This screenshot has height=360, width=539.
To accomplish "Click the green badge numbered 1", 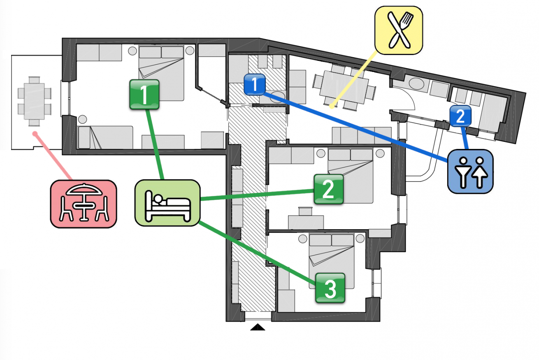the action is (x=144, y=95).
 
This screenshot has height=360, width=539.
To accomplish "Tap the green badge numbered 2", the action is (x=329, y=189).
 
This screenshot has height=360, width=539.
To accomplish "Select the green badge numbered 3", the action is (x=330, y=288).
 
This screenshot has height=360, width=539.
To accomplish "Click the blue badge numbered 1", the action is (x=255, y=84).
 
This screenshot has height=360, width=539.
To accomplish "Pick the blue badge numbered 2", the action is (x=460, y=116).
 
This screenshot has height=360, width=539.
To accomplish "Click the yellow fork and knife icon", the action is (x=399, y=30).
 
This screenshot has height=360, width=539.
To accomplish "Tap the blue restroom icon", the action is (x=470, y=171).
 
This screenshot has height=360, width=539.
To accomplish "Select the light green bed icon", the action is (x=167, y=203).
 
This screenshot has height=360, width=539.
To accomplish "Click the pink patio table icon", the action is (x=84, y=204).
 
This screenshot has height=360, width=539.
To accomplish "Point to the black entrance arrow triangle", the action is (x=258, y=327).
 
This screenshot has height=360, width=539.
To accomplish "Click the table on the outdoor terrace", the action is (x=34, y=101).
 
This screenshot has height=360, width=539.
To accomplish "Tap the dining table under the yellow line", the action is (x=344, y=87).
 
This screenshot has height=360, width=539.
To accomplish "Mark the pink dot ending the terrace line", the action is (x=35, y=133).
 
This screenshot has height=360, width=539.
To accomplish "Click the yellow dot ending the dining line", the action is (x=332, y=106).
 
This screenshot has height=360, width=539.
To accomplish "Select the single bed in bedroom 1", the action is (x=106, y=137).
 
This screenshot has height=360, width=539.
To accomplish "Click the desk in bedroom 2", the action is (x=306, y=222).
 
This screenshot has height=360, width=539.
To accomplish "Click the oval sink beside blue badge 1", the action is (x=277, y=97).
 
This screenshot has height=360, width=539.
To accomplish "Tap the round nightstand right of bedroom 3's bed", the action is (x=360, y=239).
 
